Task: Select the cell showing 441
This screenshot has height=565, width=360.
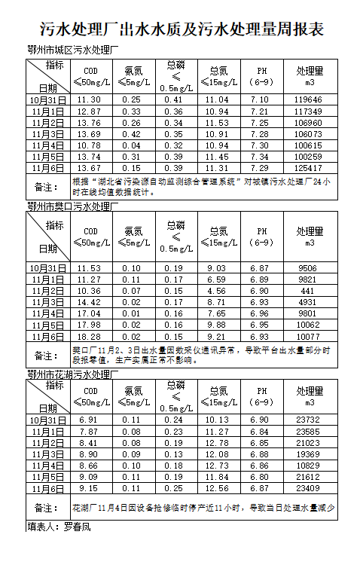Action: point(309,291)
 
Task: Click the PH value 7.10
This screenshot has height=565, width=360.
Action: point(259,99)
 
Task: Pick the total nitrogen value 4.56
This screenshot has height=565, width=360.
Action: point(218,291)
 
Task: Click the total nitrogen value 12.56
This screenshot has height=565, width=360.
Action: point(218,489)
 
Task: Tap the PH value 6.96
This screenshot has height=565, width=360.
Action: point(259,313)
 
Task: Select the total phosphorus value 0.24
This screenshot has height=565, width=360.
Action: point(174,420)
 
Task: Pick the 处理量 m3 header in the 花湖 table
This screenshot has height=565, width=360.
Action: point(309,396)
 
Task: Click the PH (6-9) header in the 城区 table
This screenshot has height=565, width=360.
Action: point(259,76)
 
